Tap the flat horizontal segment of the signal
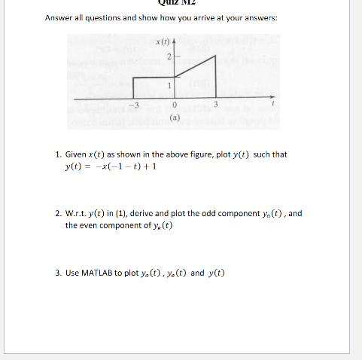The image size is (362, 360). pos(154,77)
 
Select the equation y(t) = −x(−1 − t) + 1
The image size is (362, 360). pos(111,166)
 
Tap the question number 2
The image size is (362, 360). pos(58,213)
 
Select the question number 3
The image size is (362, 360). pos(58,272)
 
